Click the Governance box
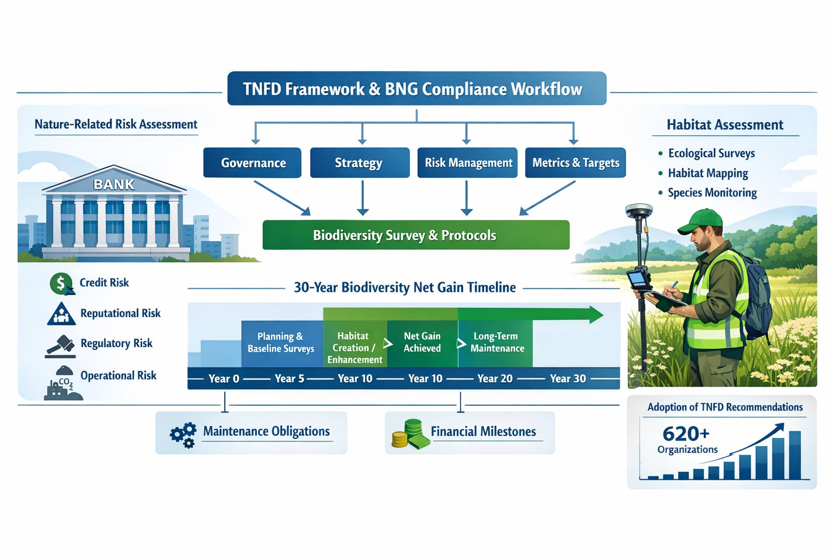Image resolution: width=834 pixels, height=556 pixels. (x=252, y=163)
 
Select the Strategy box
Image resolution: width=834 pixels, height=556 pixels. (x=359, y=163)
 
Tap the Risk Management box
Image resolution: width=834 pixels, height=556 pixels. (x=467, y=163)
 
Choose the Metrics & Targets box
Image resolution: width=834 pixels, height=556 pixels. (x=575, y=163)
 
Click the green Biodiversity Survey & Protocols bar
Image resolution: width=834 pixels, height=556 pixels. (x=416, y=235)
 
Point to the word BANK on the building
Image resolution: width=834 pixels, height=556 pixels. (x=114, y=185)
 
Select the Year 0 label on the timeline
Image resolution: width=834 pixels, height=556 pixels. (x=224, y=378)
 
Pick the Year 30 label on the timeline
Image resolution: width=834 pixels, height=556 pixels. (x=567, y=378)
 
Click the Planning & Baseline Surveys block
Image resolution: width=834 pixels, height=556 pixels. (x=281, y=343)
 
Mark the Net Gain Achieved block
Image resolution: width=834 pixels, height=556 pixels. (x=422, y=343)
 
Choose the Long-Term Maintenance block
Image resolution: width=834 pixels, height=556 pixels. (x=496, y=343)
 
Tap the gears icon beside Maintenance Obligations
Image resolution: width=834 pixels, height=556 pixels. (x=183, y=434)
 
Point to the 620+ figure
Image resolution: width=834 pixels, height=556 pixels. (x=686, y=434)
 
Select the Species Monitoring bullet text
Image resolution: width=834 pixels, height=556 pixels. (x=712, y=193)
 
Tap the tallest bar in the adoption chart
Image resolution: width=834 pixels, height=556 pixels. (x=794, y=455)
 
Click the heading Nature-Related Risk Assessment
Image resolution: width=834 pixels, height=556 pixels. (x=116, y=124)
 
